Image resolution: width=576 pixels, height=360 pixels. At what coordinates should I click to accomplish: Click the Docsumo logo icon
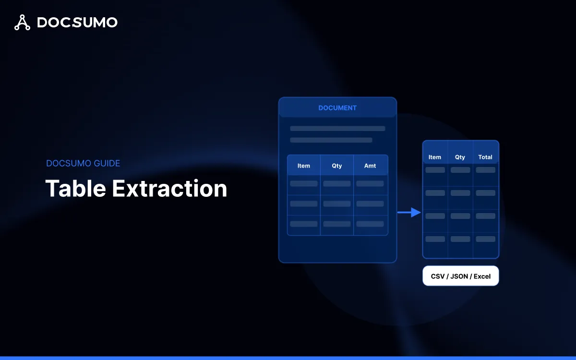[x=22, y=22]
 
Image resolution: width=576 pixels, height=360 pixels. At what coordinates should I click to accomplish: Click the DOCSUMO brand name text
[x=77, y=22]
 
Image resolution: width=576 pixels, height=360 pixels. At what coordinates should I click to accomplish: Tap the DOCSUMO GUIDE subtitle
[x=83, y=163]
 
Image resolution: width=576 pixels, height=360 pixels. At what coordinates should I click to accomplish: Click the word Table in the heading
[x=75, y=188]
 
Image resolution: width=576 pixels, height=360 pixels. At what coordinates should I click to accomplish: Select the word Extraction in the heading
[x=169, y=188]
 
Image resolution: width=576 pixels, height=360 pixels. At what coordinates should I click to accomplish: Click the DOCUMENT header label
[x=337, y=108]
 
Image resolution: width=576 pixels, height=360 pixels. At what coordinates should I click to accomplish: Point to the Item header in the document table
[x=304, y=166]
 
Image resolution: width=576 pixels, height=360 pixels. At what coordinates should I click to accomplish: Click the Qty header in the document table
[x=337, y=166]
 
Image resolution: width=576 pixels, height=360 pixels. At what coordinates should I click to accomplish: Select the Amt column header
[x=370, y=166]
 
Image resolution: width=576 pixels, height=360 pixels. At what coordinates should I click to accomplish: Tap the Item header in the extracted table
[x=435, y=157]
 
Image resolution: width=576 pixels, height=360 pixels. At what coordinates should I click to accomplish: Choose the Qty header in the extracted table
[x=460, y=157]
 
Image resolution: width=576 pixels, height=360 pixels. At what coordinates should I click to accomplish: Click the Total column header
[x=485, y=157]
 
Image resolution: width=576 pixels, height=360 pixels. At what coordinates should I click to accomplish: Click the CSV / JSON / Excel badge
[x=461, y=276]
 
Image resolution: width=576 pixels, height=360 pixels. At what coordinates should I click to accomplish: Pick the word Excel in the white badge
[x=482, y=276]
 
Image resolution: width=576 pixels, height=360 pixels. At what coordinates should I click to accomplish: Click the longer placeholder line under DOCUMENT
[x=337, y=129]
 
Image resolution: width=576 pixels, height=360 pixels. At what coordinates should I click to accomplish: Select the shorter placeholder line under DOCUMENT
[x=331, y=140]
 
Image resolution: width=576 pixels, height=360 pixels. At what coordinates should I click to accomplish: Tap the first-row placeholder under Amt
[x=370, y=184]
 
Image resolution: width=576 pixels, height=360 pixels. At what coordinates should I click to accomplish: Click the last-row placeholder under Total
[x=485, y=239]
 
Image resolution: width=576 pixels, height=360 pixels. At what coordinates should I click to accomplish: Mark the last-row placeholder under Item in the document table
[x=304, y=224]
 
